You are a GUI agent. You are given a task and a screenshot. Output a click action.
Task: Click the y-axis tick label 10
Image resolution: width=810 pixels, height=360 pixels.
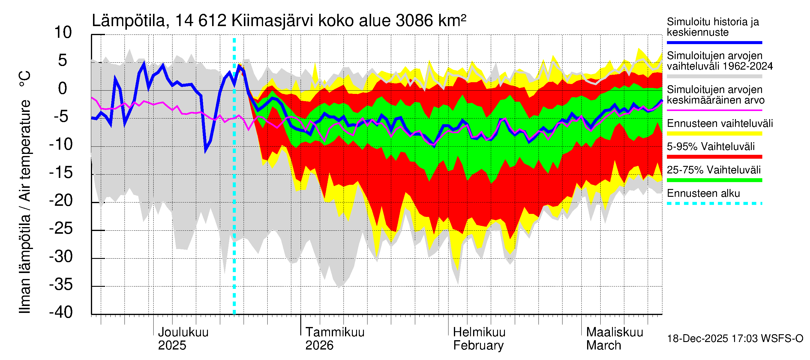63,33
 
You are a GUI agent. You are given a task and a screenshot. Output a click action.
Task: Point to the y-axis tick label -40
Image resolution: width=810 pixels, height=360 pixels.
61,312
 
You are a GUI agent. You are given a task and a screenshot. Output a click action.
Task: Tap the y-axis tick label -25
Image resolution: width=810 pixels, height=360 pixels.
61,229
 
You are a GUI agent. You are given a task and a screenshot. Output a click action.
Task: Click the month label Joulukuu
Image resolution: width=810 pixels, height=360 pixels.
183,332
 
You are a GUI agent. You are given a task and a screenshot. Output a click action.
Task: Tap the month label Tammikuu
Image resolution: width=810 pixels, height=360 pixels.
335,332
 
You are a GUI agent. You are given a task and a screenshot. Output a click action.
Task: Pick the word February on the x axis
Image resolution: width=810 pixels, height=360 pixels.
478,346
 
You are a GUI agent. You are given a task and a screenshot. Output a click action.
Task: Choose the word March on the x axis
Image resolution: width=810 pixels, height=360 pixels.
603,346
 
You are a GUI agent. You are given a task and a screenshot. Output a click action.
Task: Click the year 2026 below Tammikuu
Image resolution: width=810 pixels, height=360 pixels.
319,346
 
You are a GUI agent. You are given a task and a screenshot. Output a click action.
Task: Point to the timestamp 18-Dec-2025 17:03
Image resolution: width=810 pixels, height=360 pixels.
697,339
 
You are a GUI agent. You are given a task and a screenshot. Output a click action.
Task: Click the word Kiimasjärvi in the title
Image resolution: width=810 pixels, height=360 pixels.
272,21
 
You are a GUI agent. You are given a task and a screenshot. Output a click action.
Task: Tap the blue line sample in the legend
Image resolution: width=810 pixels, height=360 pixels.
714,42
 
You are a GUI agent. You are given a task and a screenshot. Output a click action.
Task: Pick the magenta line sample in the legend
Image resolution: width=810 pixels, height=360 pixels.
714,110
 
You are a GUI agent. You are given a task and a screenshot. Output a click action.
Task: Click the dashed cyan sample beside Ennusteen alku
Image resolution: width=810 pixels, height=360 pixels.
714,203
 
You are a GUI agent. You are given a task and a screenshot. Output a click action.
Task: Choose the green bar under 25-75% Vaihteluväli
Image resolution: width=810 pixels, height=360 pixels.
714,180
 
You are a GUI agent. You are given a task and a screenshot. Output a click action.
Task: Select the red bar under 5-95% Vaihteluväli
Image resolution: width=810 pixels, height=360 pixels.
714,157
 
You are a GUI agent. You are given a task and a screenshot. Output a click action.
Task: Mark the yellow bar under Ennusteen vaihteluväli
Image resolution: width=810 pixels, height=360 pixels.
714,133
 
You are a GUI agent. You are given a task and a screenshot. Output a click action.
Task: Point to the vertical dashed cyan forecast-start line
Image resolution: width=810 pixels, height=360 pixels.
234,189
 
